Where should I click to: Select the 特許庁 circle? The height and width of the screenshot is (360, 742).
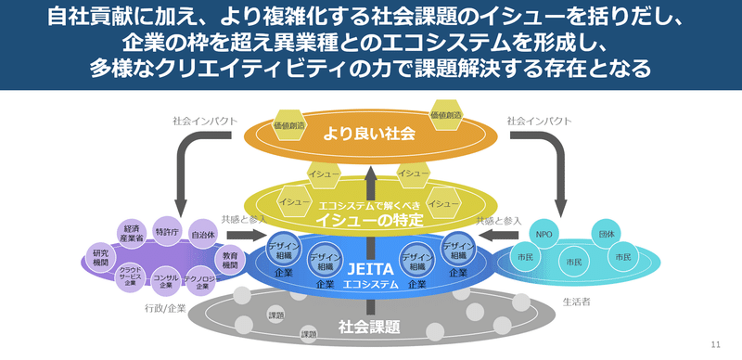point(167,232)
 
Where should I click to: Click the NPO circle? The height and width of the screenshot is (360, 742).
point(544,235)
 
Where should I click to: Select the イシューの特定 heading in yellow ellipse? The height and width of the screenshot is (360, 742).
point(370,220)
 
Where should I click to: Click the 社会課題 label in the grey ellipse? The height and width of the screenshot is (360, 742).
point(369,326)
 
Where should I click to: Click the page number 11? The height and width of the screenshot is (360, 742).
point(714,344)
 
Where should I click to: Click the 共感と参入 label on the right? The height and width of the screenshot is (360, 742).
point(499,220)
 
